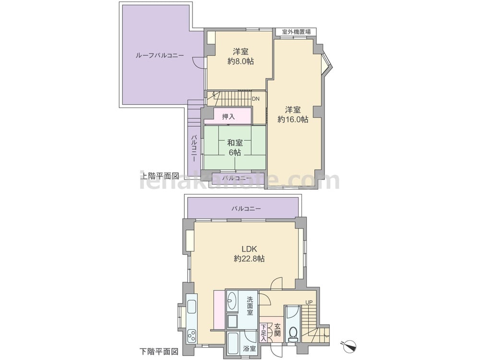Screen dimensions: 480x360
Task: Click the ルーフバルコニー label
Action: pos(159,55)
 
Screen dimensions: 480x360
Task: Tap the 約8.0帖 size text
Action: pos(240,61)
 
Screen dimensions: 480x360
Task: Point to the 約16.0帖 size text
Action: pos(293,120)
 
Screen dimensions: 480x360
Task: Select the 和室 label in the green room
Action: pos(235,143)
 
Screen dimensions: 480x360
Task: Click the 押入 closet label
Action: pos(228,117)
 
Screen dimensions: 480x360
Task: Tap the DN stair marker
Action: pos(256,99)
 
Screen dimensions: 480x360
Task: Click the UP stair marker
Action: pos(309,302)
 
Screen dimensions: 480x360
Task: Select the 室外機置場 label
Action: pos(296,32)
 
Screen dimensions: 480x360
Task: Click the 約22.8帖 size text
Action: pos(249,259)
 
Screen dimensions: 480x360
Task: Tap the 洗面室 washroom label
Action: pos(250,306)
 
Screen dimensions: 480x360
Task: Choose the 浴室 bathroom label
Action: pos(250,348)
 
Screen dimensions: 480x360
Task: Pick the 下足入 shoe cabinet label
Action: pos(263,333)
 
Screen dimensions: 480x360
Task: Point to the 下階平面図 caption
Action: pos(159,351)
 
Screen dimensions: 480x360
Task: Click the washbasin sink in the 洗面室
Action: pos(232,300)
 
